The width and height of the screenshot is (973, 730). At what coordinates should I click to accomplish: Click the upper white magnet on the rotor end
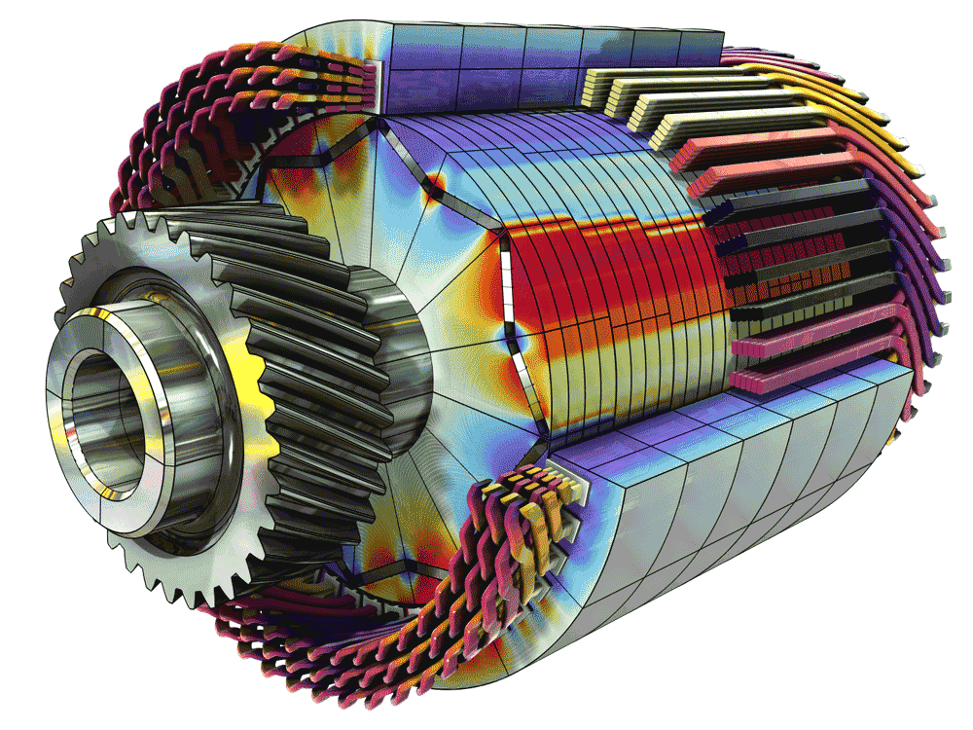[506, 277]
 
